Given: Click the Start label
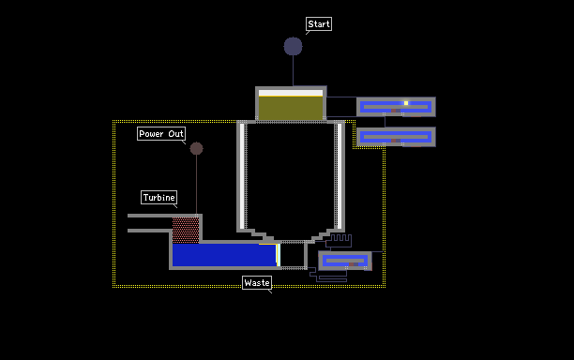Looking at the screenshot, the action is coord(319,24).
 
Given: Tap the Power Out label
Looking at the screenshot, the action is coord(161,133).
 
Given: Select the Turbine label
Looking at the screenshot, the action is coord(159,198).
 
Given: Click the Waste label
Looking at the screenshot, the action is coord(257,283).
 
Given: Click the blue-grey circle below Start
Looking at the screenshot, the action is coord(294,47).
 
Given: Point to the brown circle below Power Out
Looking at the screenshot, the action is coord(197,148).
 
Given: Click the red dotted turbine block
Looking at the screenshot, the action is coord(186,231).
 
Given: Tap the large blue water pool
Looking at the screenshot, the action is coord(224,255).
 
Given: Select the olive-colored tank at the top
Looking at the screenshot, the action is coord(291,108).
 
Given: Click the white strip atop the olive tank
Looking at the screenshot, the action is coord(291,93).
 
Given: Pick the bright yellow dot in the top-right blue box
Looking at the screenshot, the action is coord(406,103).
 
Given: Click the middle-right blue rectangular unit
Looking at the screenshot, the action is coord(396,137).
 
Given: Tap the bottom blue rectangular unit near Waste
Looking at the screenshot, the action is coord(345,261).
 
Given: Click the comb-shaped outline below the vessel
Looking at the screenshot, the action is coord(340,240).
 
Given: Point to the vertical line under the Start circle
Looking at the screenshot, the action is coord(294,71).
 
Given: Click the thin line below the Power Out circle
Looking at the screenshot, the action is coord(197,185).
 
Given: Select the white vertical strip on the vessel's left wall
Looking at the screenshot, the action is coord(242,176).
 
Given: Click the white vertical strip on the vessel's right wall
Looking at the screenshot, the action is coord(340,176).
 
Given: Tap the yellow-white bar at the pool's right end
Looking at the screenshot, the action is coord(279,255).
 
